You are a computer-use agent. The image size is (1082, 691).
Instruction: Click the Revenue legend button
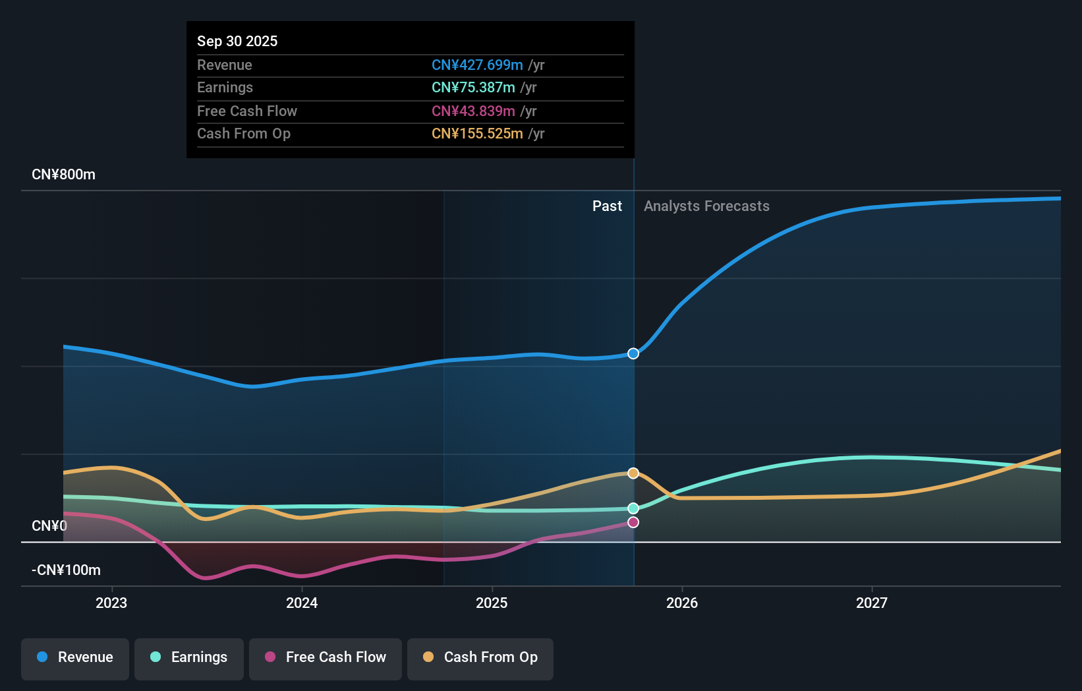75,657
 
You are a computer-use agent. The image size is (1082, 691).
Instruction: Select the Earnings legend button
189,657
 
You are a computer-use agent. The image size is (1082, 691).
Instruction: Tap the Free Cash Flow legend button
326,657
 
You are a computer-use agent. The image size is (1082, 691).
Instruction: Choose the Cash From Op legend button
480,657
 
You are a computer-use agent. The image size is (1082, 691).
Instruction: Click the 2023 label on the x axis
111,603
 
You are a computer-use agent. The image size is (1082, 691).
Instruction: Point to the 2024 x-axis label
302,603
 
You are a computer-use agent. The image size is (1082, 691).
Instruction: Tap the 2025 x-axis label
492,603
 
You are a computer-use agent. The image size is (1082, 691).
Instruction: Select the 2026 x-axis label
682,603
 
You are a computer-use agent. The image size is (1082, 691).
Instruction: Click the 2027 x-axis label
872,603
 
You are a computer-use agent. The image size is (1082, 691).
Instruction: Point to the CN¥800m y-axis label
64,175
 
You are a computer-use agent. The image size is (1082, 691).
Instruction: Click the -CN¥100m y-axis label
67,570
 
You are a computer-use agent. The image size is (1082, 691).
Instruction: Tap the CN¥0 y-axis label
49,526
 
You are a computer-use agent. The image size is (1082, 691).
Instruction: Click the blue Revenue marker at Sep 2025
633,353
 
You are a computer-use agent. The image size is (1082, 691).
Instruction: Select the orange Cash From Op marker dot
633,473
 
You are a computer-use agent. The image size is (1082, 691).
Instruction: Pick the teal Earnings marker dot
633,508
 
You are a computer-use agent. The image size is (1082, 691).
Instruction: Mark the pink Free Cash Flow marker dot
633,522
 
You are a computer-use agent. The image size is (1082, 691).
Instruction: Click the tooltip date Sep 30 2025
237,41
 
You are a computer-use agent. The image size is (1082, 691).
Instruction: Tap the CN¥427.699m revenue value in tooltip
477,65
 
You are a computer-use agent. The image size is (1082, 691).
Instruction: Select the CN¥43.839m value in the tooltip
473,111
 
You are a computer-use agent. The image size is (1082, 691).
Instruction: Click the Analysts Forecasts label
706,206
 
